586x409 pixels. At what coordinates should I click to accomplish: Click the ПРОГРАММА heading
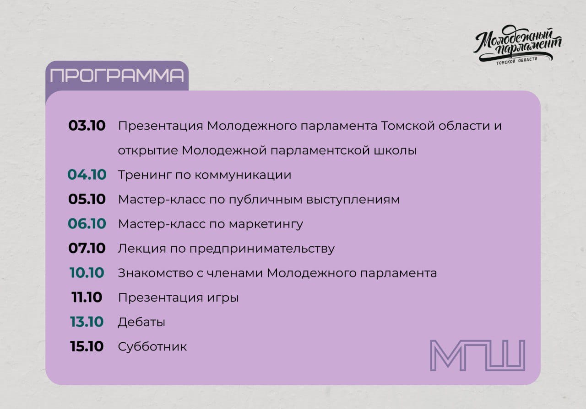[117, 75]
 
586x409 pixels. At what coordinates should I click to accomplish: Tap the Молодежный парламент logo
[517, 44]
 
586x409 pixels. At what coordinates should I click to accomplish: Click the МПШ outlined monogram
[477, 355]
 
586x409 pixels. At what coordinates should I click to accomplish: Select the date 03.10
[87, 126]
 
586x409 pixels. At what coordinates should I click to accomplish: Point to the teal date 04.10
[87, 175]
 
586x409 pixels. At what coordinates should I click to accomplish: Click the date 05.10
[87, 199]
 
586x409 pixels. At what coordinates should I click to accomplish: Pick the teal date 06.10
[87, 223]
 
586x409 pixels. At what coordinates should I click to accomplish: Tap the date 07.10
[87, 248]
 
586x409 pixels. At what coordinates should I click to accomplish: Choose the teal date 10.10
[87, 273]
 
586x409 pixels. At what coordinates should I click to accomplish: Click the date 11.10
[87, 297]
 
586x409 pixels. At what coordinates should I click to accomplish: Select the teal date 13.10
[87, 322]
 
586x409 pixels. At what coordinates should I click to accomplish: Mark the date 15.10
[87, 346]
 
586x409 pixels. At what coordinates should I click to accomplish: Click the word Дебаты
[141, 322]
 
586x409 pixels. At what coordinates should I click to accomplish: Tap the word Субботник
[152, 346]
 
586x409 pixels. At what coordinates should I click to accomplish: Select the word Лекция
[142, 249]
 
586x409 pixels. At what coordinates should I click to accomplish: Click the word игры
[223, 298]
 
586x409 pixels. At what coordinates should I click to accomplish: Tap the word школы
[395, 151]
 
